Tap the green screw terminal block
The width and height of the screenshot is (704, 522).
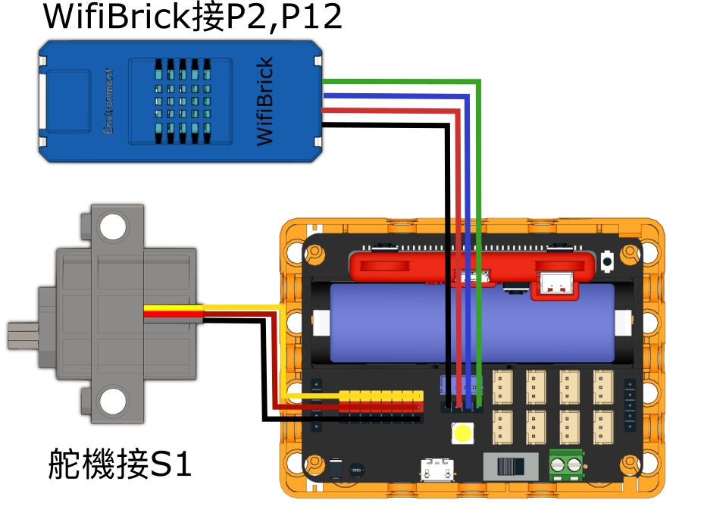(566, 464)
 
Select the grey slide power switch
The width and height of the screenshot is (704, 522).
(510, 465)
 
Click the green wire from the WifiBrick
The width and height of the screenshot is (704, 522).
(480, 227)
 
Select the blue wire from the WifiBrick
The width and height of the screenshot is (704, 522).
(470, 227)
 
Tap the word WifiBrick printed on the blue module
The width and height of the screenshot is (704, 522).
(264, 102)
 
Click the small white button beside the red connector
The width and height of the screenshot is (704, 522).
(607, 261)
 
